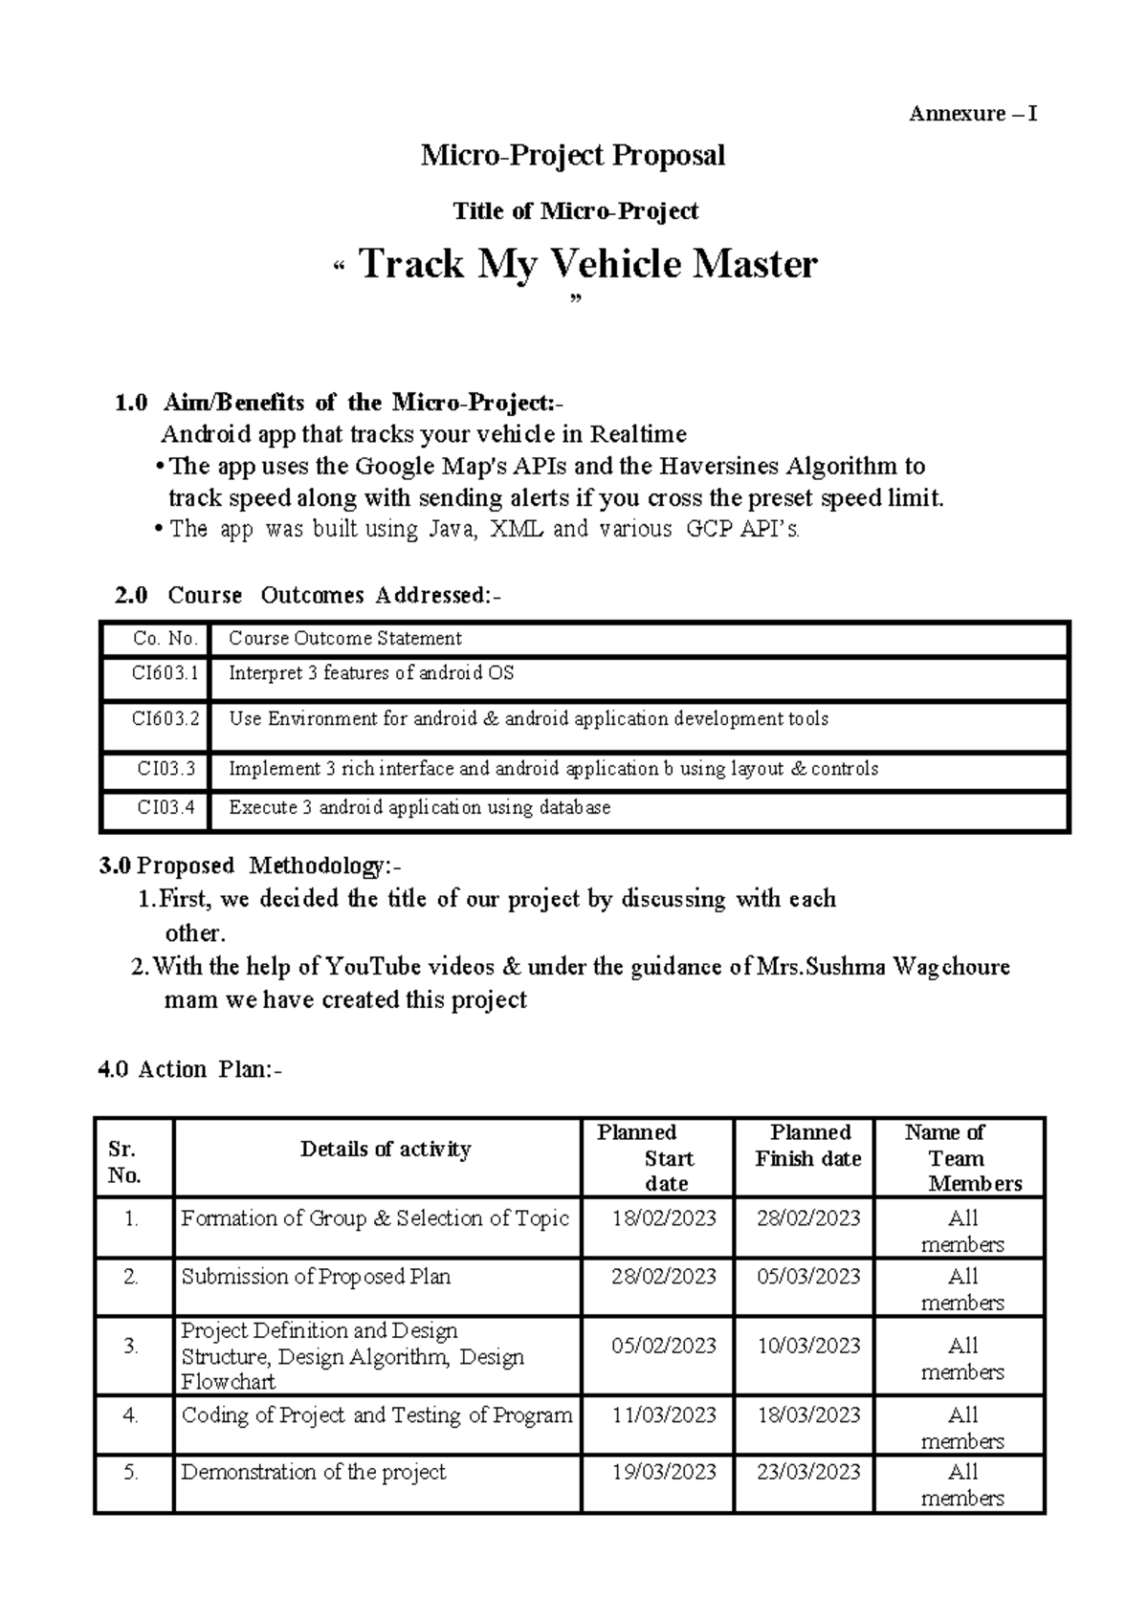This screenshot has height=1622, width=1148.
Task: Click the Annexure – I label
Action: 972,115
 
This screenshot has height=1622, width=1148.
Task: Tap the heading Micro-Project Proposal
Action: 573,155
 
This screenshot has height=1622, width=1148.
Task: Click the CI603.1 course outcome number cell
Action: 165,673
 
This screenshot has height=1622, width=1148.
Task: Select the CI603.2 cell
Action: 165,718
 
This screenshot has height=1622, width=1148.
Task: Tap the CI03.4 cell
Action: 166,808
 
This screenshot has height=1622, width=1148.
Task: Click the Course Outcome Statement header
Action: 344,639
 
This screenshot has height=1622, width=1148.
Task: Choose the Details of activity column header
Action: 386,1150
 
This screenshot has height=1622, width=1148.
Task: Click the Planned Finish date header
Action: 808,1146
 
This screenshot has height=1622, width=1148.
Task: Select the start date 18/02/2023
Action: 664,1218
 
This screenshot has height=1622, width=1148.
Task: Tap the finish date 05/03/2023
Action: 808,1277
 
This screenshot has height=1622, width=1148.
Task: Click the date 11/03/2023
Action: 664,1415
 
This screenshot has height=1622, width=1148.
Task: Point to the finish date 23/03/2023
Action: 808,1473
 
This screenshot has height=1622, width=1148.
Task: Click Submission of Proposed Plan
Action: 316,1277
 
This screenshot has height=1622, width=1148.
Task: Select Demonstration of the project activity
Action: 314,1473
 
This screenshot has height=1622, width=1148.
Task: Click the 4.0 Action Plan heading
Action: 190,1069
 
